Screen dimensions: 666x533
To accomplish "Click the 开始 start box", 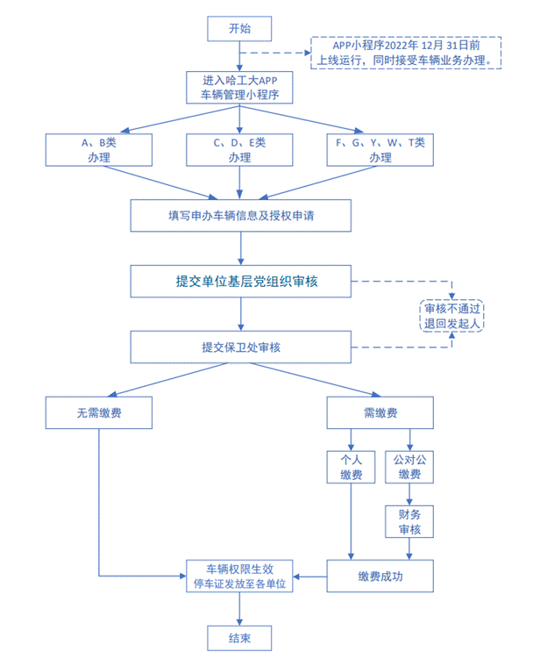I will tap(239, 29).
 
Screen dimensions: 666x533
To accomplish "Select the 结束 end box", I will tap(239, 638).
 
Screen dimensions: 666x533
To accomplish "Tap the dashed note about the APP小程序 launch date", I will tap(406, 53).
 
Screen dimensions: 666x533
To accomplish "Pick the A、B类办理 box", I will tap(99, 150).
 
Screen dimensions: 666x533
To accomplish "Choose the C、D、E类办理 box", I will tap(239, 150).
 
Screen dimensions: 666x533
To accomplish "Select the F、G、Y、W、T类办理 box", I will tap(380, 150).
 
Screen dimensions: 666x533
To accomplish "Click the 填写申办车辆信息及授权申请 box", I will tap(239, 213).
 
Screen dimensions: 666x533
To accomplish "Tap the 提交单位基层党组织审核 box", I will tap(239, 282).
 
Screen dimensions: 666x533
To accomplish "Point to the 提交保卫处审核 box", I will tap(239, 347).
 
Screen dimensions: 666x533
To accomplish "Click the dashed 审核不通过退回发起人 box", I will tap(452, 315).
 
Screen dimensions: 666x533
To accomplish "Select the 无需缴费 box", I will tap(99, 412).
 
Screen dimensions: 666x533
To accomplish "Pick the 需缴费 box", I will tap(380, 412).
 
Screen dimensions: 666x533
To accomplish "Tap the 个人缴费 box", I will tap(351, 466).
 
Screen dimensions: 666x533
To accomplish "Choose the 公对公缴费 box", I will tap(409, 466).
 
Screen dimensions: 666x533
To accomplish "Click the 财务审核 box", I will tap(409, 521).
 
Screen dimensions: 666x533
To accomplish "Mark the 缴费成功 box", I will tap(380, 576).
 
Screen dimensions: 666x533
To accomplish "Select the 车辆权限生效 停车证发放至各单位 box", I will tap(239, 576).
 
